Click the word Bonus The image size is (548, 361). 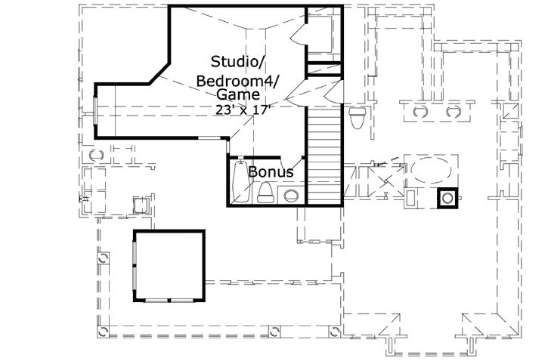(x=270, y=172)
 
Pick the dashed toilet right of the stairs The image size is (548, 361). (x=360, y=117)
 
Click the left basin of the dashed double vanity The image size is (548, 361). (x=418, y=112)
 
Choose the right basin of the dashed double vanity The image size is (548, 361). (x=454, y=112)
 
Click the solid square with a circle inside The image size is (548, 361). (x=448, y=198)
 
